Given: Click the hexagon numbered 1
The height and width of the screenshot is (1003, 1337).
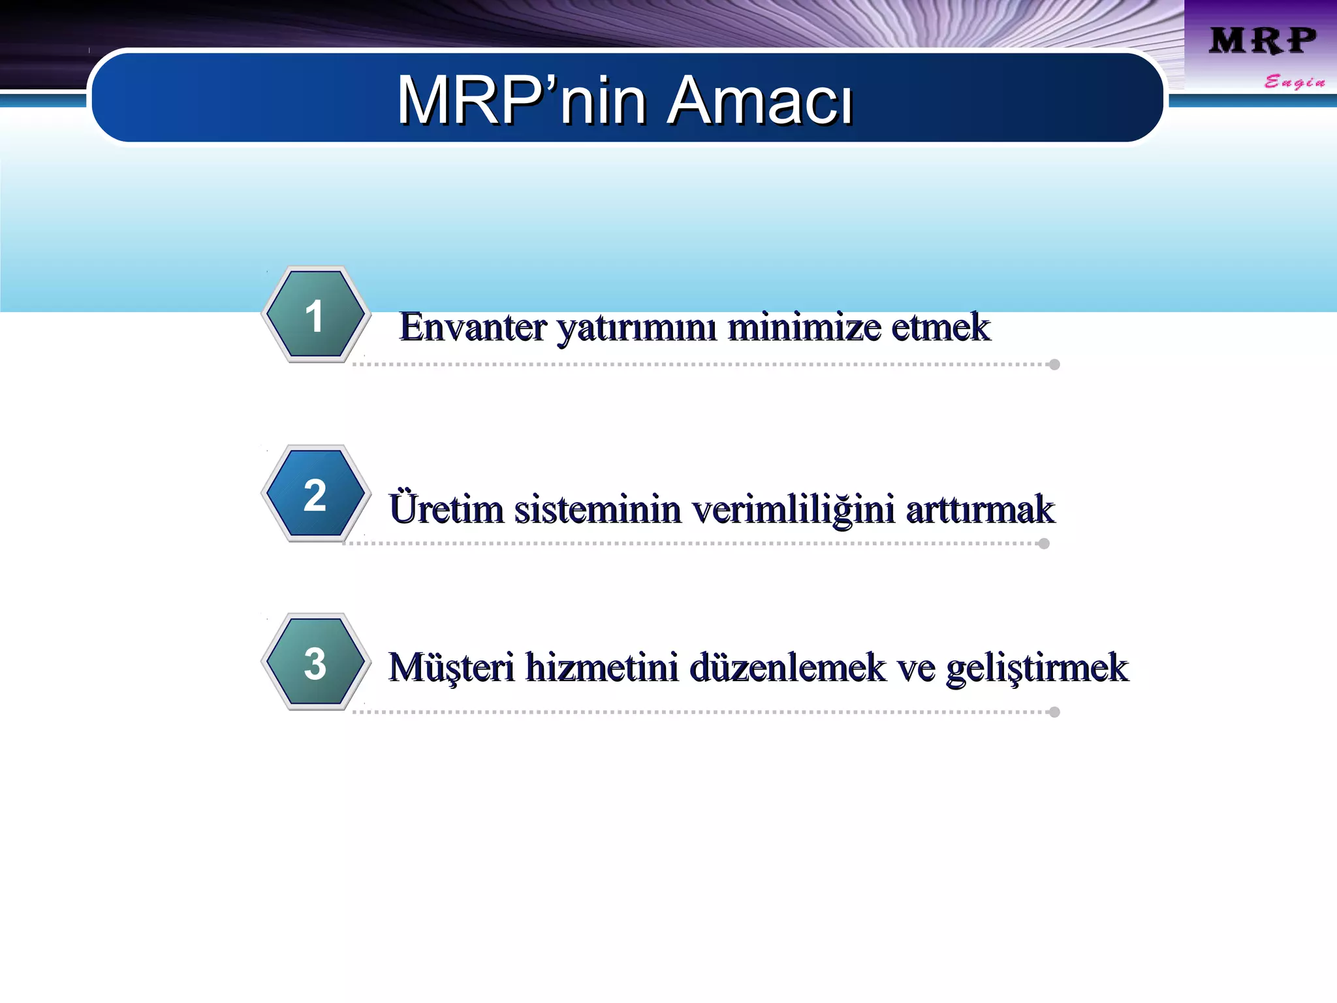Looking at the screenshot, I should pyautogui.click(x=315, y=315).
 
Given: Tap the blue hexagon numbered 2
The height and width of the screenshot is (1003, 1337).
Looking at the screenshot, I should pyautogui.click(x=315, y=494).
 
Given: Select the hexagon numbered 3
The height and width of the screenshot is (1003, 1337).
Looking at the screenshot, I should pyautogui.click(x=315, y=663).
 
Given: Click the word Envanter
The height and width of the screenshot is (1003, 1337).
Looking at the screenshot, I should pyautogui.click(x=473, y=327).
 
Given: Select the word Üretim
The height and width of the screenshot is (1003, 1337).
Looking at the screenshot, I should pyautogui.click(x=446, y=509).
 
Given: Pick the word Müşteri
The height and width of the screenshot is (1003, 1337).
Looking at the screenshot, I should pyautogui.click(x=452, y=668).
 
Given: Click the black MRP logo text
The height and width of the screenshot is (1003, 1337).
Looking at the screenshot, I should pyautogui.click(x=1262, y=40).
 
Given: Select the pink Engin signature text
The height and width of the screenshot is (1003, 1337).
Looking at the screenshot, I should pyautogui.click(x=1294, y=82).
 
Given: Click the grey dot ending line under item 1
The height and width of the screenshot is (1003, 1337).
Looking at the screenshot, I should pyautogui.click(x=1054, y=364).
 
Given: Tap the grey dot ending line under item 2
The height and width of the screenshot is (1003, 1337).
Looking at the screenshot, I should pyautogui.click(x=1044, y=543).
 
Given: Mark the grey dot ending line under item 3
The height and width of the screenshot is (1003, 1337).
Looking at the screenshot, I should pyautogui.click(x=1054, y=712).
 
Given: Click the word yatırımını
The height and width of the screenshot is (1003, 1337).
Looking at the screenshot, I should pyautogui.click(x=637, y=328).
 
